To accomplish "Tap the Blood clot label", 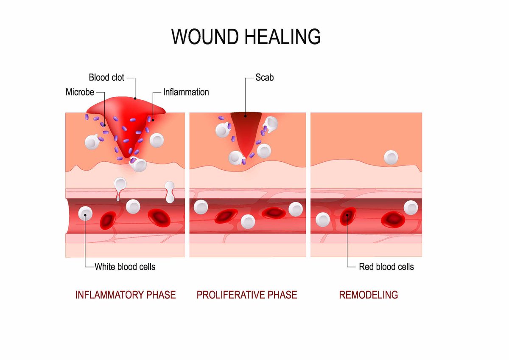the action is point(107,78).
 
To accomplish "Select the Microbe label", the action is point(80,92).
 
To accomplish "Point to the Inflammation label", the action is point(186,92).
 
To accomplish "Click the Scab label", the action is point(265,78).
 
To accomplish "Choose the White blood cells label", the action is point(125,267).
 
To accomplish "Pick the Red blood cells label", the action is point(386,267).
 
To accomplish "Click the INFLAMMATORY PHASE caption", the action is point(126,295).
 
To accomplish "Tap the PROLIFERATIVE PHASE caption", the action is point(247,295).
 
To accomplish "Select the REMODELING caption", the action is point(368,295).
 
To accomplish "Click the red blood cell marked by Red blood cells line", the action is point(348,216).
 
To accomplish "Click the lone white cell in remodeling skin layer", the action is point(391,157).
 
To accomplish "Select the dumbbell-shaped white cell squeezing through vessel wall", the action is point(171,192).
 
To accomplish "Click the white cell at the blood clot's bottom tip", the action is point(138,164).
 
